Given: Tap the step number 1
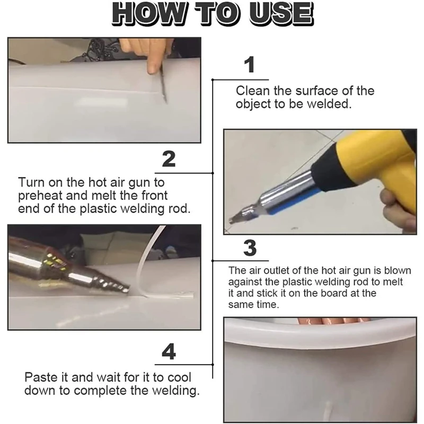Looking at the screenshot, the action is point(250,65).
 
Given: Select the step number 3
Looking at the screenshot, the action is point(250,248).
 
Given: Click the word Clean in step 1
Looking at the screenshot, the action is point(253,91).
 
